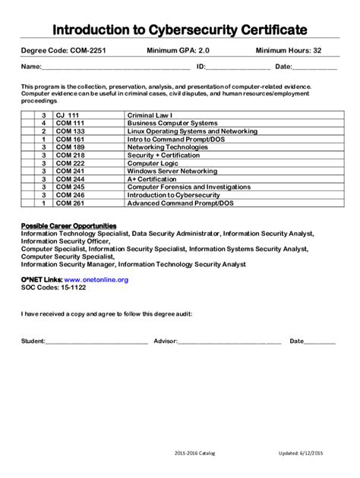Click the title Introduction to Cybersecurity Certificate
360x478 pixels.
coord(180,30)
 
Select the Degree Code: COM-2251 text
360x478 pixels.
coord(64,51)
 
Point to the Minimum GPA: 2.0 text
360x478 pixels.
coord(176,51)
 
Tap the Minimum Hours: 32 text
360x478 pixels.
coord(288,51)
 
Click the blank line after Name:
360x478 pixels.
coord(114,68)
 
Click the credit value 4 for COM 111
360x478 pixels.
coord(44,123)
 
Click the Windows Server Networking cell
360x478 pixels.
coord(172,171)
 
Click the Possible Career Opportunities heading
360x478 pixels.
coord(68,226)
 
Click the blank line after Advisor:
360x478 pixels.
coord(229,341)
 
